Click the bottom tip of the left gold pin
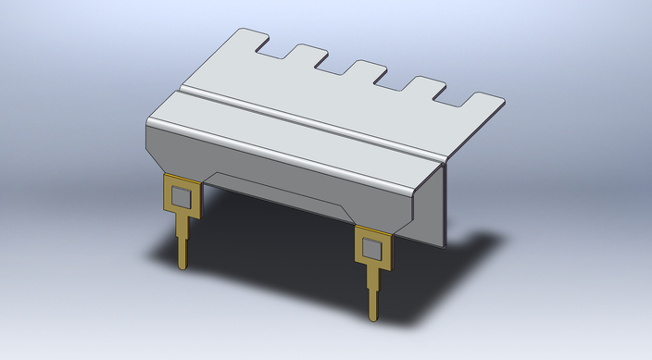pyautogui.click(x=183, y=268)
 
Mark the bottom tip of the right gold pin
pyautogui.click(x=374, y=319)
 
